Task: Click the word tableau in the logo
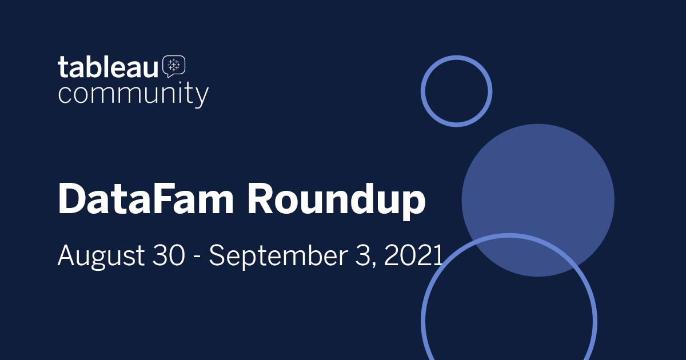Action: click(107, 68)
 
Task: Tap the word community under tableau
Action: click(133, 94)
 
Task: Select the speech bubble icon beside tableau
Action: click(174, 66)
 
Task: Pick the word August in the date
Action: click(101, 255)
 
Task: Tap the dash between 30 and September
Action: click(197, 257)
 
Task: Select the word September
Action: click(276, 255)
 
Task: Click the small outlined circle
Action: click(456, 91)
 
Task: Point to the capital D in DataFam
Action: click(72, 199)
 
